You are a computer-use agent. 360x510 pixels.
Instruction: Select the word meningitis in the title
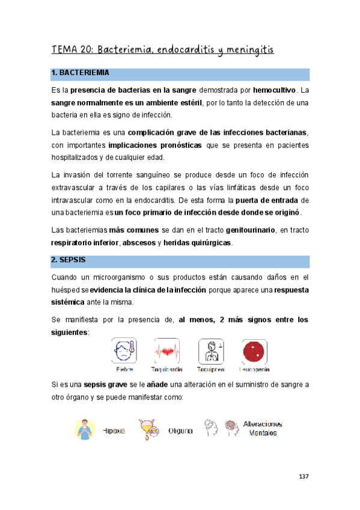[x=246, y=49]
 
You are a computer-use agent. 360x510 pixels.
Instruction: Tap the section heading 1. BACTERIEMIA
[x=81, y=73]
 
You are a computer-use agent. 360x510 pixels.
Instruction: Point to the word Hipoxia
[x=114, y=431]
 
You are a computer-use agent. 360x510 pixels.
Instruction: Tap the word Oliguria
[x=181, y=431]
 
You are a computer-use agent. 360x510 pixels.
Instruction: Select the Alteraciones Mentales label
[x=262, y=428]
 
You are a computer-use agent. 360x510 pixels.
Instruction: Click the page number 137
[x=304, y=477]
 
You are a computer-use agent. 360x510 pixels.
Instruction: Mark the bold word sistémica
[x=69, y=301]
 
